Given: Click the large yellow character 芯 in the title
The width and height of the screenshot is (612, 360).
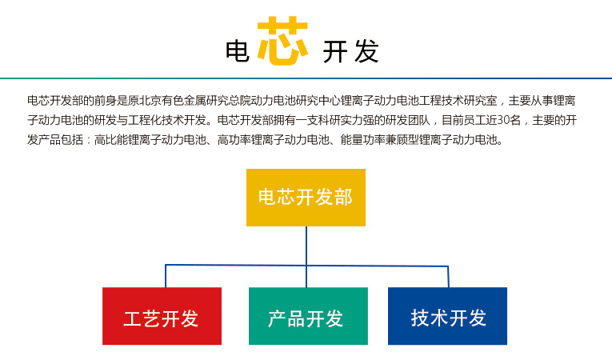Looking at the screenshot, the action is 282,40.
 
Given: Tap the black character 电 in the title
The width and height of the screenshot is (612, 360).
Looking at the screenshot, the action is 238,51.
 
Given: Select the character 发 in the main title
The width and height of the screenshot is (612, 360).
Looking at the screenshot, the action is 367,51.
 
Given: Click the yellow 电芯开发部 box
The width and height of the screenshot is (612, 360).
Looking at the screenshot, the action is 306,197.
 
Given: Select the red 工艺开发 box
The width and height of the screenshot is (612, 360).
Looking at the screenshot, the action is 162,316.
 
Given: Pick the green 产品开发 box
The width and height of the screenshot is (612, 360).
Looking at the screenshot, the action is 308,316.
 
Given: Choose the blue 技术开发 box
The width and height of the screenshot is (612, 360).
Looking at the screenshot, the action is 447,316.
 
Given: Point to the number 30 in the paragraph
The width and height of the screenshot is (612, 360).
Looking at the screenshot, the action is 503,120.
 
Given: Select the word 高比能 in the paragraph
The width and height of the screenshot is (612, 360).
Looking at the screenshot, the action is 111,140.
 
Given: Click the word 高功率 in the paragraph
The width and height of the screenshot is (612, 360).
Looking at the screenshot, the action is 234,140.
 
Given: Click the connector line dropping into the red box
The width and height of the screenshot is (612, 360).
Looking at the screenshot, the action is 166,276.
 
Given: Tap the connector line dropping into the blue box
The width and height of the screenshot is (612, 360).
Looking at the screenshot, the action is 448,277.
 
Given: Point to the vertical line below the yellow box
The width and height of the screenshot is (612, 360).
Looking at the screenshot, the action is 306,257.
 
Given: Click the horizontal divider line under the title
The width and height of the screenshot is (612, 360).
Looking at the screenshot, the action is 306,78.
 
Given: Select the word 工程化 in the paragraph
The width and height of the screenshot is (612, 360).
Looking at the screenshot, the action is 145,120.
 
